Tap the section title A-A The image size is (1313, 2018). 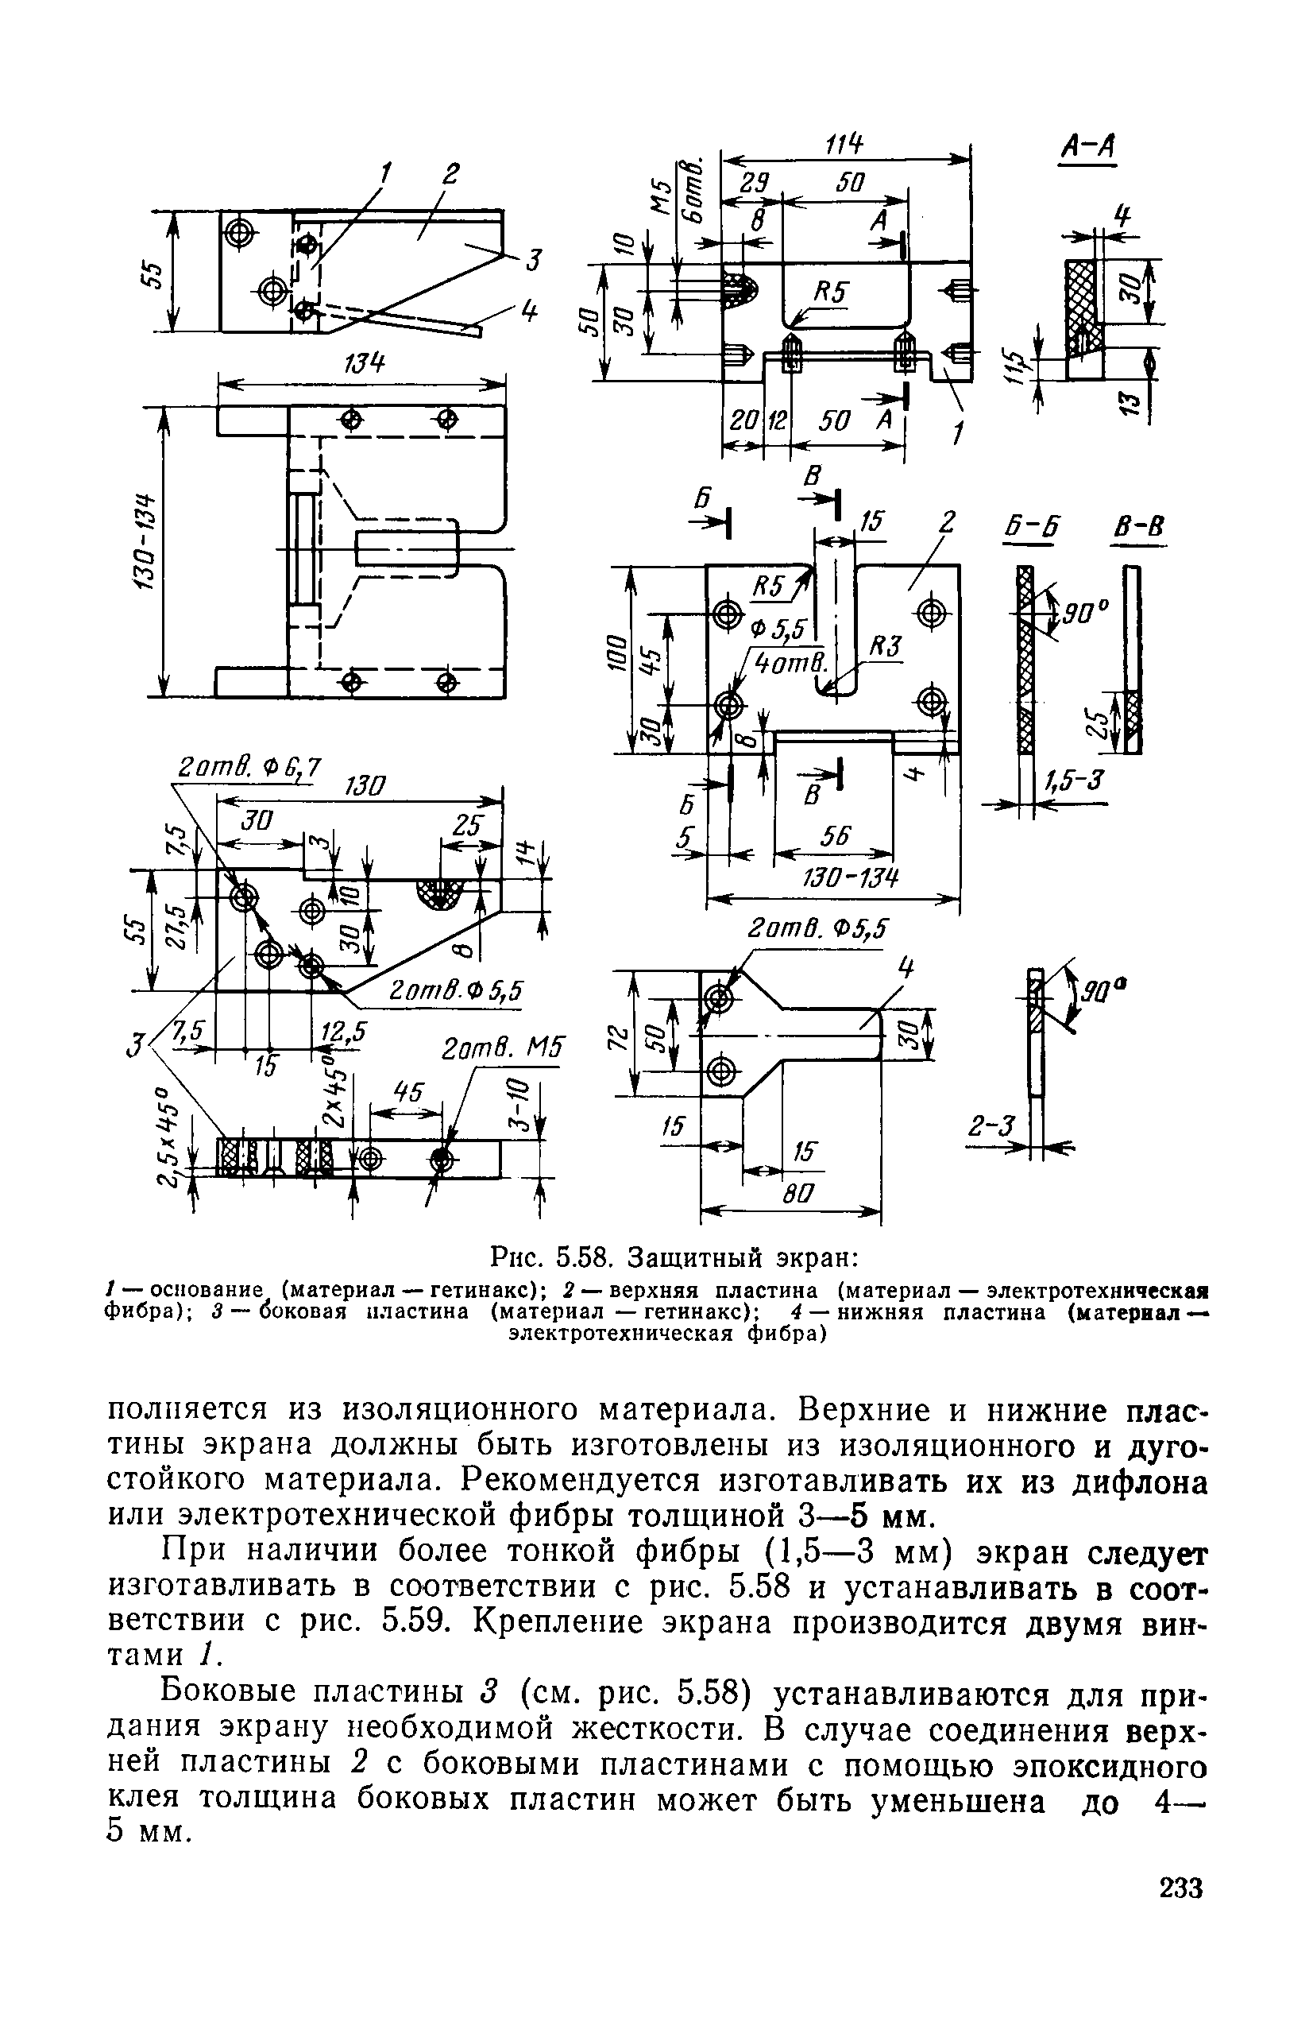[1088, 147]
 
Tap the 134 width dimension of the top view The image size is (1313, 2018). [363, 365]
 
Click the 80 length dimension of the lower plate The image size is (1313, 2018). [798, 1194]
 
